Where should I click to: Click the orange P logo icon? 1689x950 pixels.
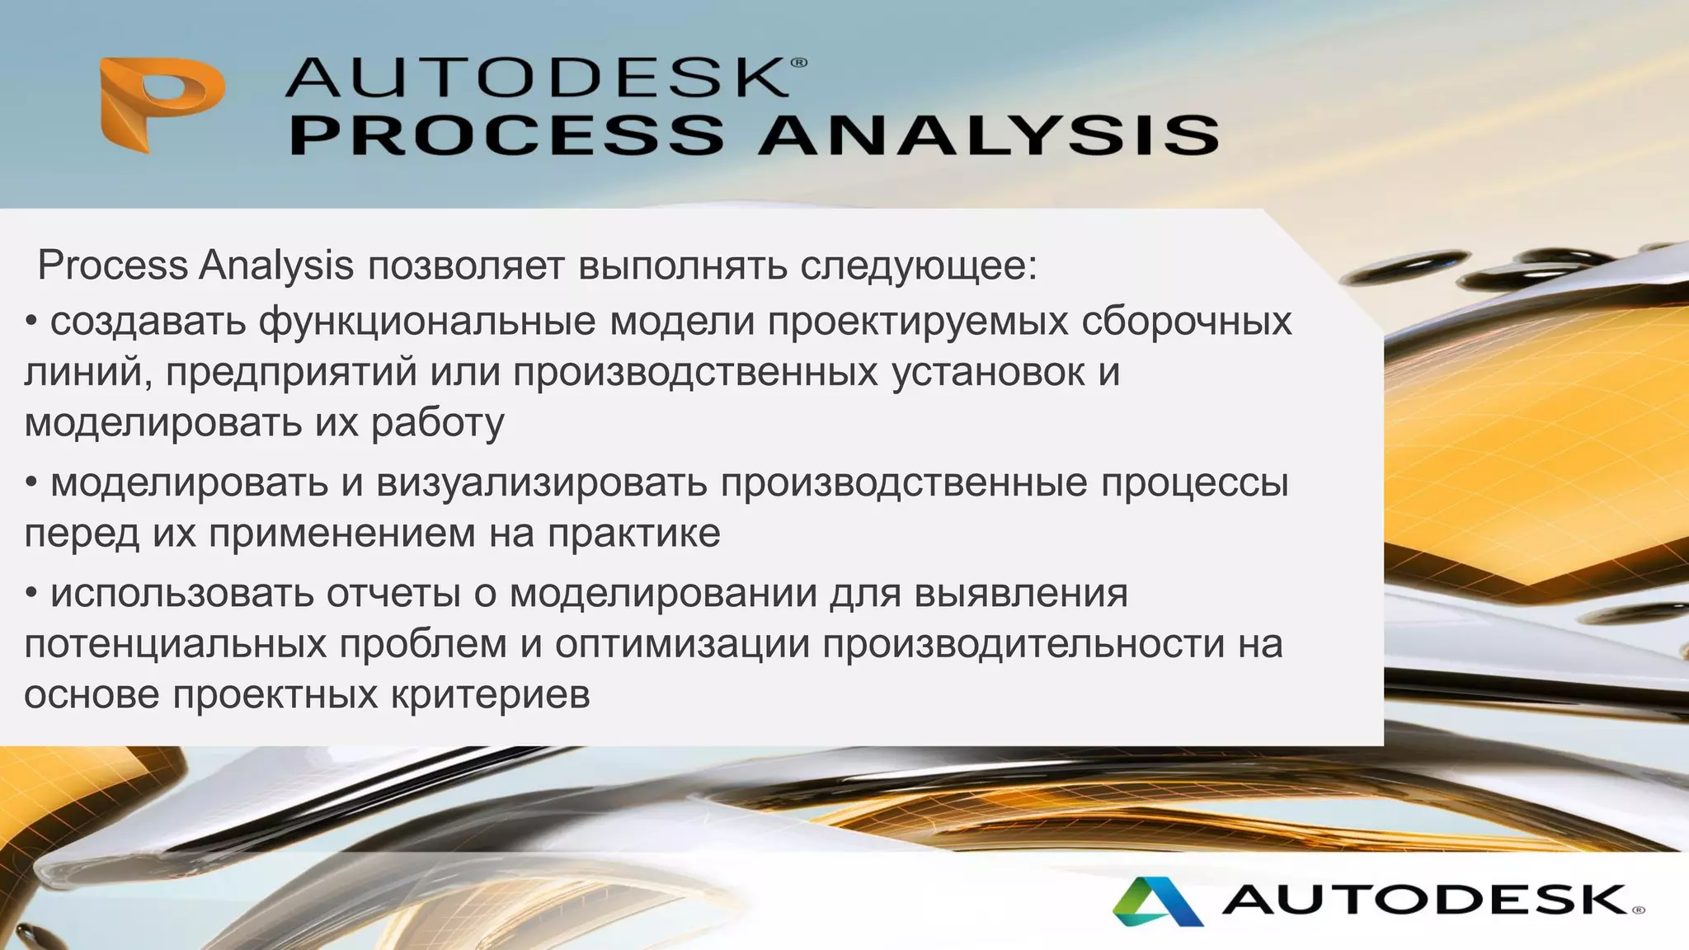(x=162, y=104)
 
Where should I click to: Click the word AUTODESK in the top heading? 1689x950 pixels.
(x=536, y=78)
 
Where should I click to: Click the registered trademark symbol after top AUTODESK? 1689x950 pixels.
(x=798, y=63)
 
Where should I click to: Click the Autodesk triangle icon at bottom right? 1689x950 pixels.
(x=1156, y=901)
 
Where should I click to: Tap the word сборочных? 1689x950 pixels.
(x=1186, y=322)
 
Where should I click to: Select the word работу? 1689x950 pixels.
(x=437, y=424)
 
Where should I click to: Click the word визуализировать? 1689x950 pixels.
(x=541, y=483)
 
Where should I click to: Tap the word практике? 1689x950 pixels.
(x=633, y=534)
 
